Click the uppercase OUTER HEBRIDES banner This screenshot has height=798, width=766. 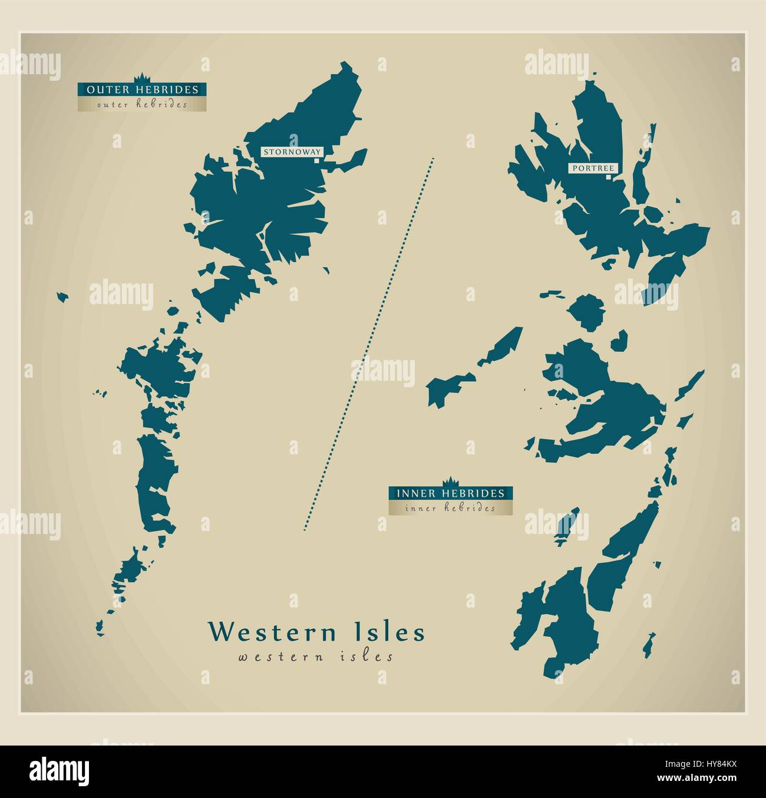click(x=142, y=90)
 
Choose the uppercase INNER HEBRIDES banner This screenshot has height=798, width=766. click(x=450, y=493)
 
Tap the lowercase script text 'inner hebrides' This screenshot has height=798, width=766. click(x=450, y=508)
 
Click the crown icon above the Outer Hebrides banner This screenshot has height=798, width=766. click(x=142, y=78)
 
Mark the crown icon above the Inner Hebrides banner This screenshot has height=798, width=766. click(x=450, y=481)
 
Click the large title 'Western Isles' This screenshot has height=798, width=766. click(x=316, y=632)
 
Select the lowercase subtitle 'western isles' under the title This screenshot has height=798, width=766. click(x=316, y=657)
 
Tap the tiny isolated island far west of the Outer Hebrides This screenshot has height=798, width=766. click(x=62, y=296)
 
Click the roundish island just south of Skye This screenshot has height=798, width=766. click(x=586, y=311)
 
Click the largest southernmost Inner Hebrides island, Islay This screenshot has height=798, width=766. click(x=569, y=625)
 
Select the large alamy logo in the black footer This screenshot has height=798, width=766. click(x=60, y=770)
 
